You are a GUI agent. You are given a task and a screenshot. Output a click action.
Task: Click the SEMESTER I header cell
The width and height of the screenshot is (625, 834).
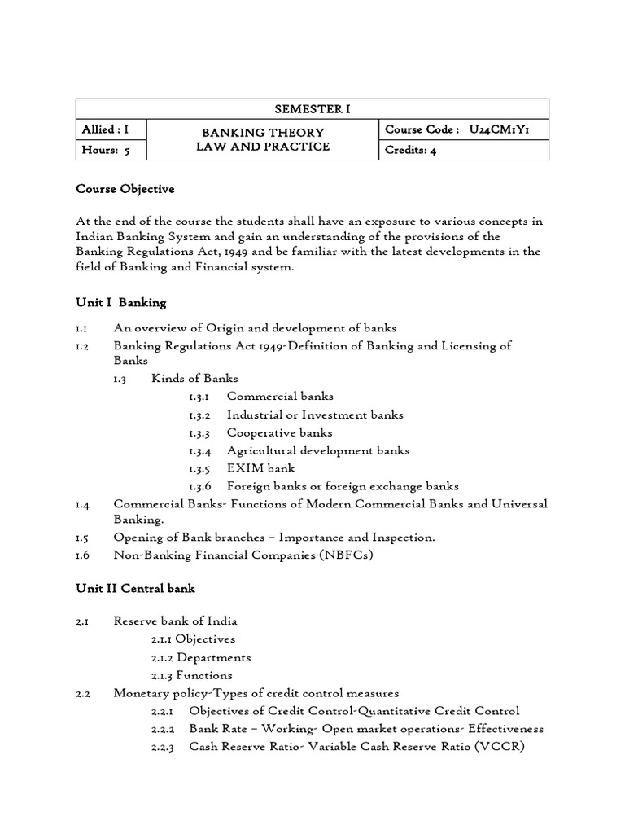312,109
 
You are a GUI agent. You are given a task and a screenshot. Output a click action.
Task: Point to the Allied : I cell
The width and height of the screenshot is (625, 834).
105,129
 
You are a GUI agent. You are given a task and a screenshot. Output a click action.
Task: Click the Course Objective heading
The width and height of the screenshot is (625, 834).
125,189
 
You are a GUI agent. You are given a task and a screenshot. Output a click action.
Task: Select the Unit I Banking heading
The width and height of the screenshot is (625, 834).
120,302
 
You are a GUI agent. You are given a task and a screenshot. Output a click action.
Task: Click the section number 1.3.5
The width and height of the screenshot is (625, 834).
199,468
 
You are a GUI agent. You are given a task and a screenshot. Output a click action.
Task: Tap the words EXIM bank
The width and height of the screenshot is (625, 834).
260,468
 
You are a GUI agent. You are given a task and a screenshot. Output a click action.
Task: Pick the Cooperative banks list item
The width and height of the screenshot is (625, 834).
279,432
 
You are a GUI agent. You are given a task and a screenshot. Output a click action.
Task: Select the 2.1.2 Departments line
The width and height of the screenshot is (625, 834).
201,657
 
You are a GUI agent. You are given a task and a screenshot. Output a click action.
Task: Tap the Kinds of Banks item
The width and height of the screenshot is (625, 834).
194,379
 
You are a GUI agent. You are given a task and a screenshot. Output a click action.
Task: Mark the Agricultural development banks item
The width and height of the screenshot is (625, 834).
318,450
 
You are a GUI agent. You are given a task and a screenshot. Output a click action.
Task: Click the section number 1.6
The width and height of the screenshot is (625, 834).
83,555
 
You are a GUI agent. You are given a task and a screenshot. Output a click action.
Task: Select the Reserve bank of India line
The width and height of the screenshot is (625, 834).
175,621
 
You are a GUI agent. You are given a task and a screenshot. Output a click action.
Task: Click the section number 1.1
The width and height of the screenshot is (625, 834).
82,328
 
